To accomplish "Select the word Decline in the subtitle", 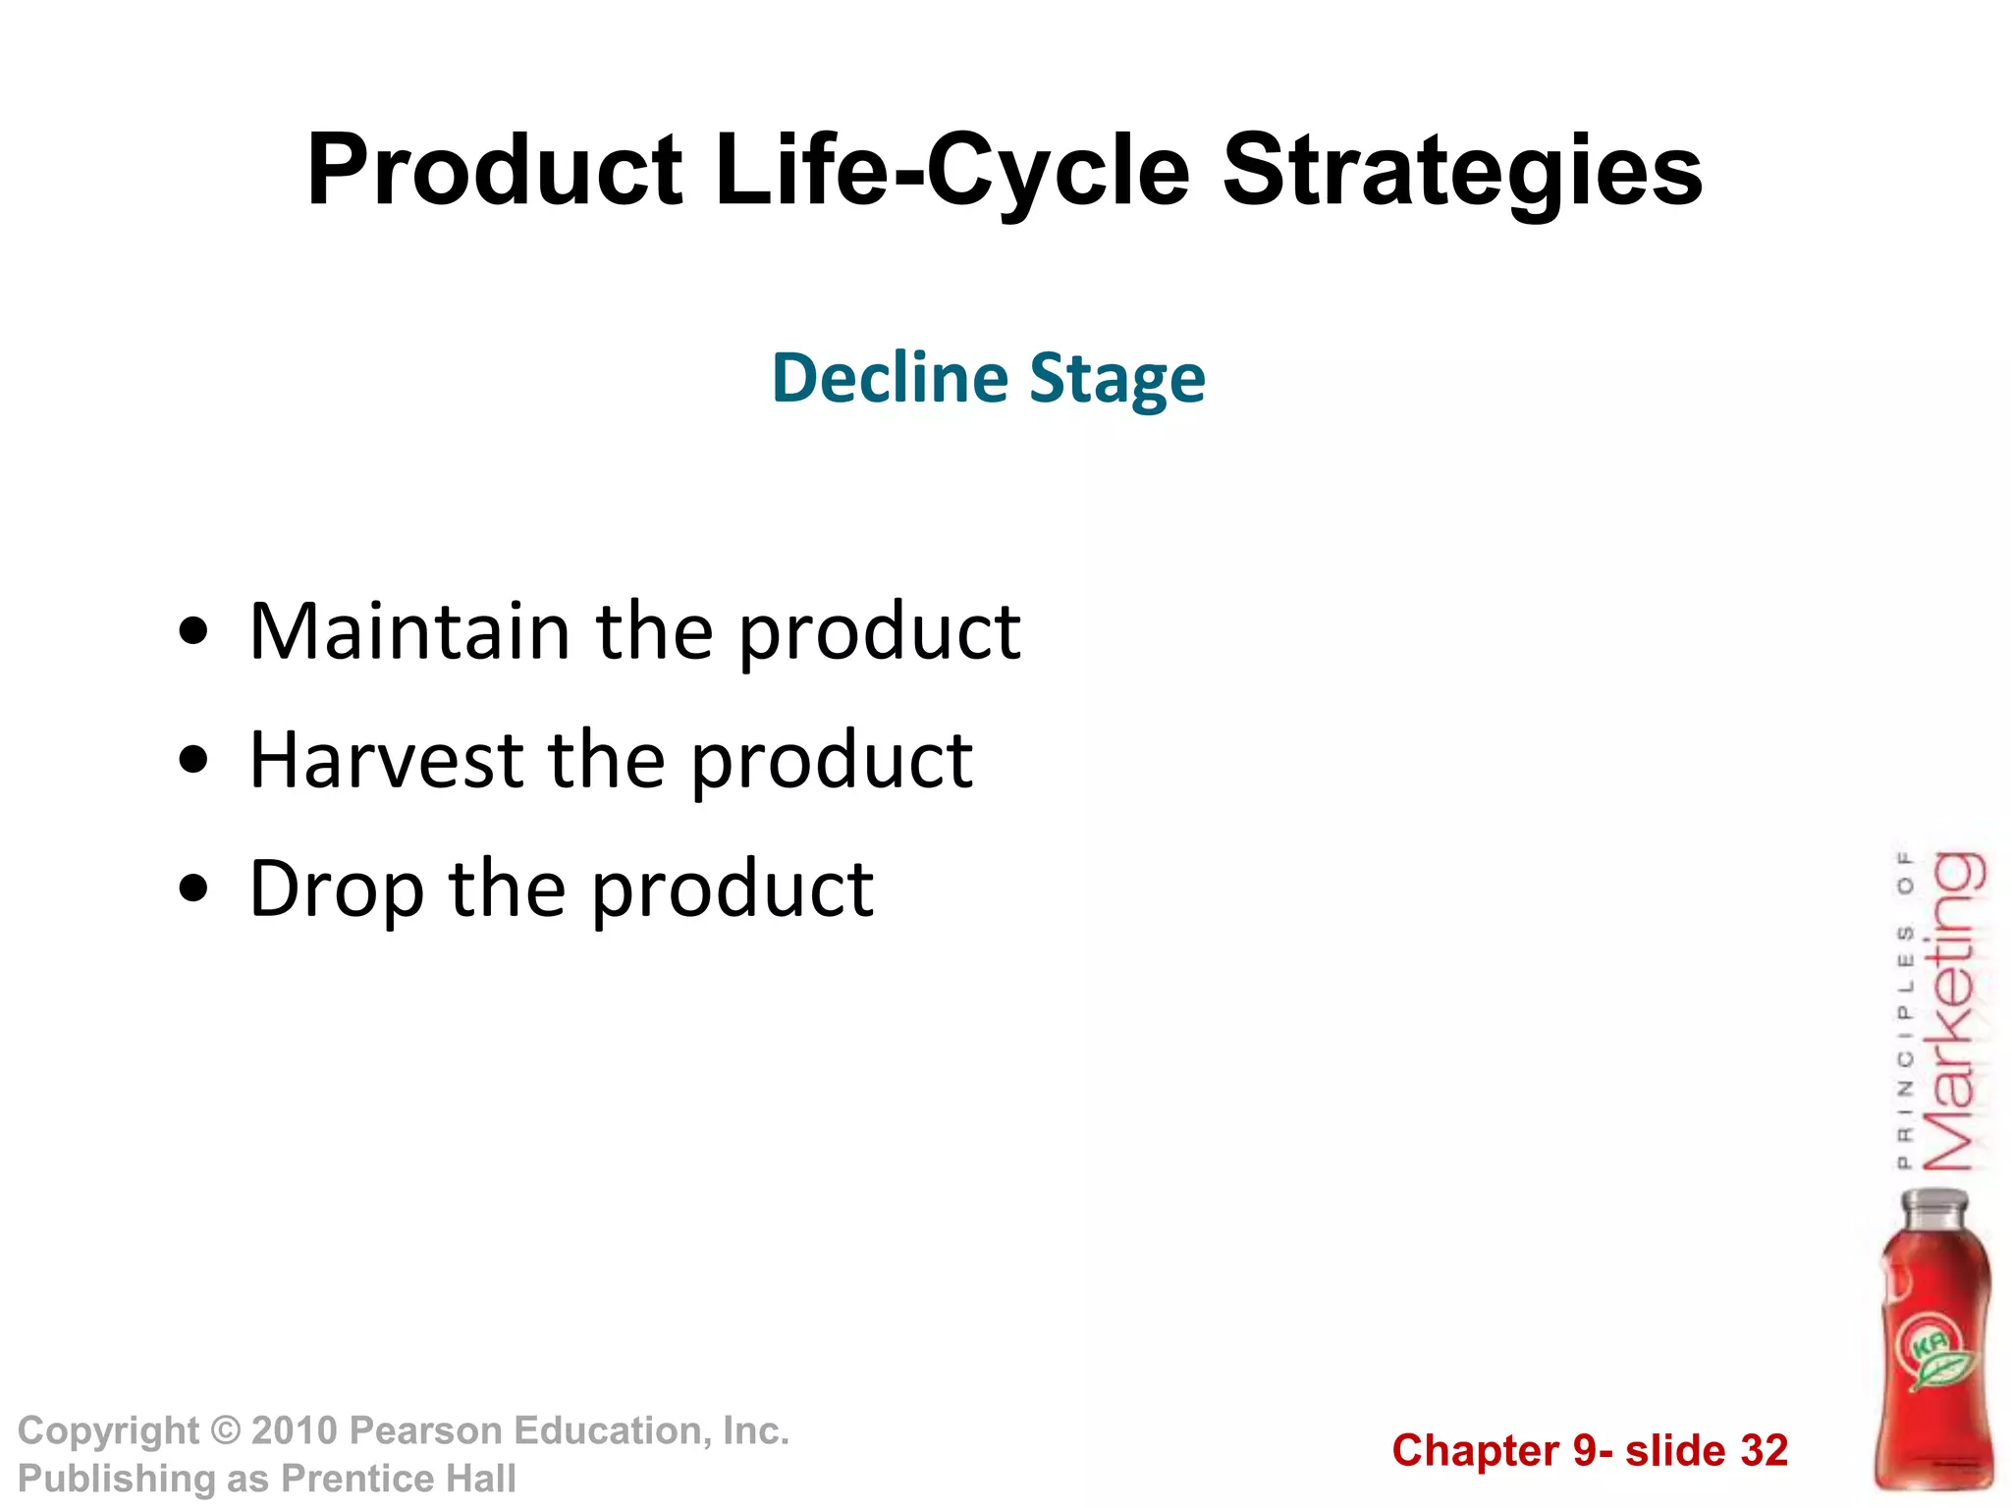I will click(890, 378).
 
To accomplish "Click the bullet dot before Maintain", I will click(193, 631).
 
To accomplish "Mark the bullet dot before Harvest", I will click(193, 760).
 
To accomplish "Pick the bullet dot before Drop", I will click(193, 889).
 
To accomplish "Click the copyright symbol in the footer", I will click(226, 1430).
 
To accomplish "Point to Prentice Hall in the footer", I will click(398, 1479).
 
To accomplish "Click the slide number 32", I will click(1764, 1451).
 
